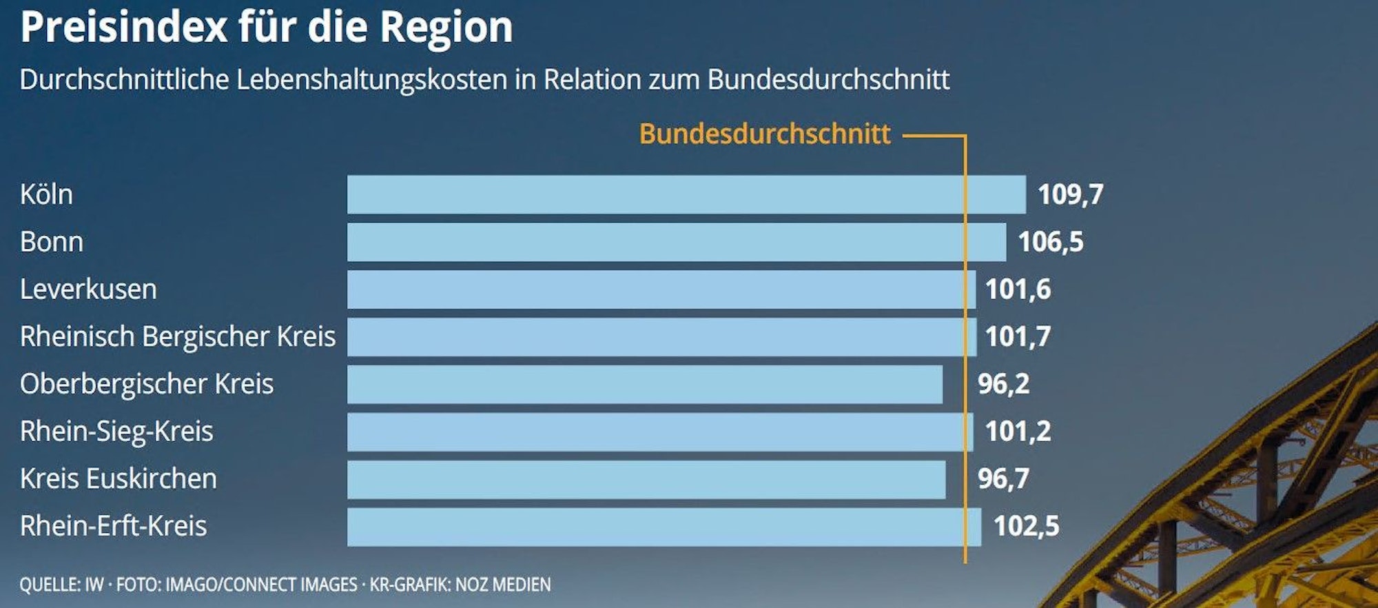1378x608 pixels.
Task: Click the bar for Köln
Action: coord(686,194)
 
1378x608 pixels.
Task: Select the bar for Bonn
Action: coord(676,242)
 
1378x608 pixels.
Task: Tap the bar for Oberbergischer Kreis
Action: coord(644,384)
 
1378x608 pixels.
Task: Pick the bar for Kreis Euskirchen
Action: coord(646,479)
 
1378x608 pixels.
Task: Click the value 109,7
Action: coord(1070,194)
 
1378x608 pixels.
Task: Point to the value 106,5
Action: coord(1050,242)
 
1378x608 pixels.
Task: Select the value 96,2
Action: coord(1003,384)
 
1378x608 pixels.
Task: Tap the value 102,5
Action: coord(1026,527)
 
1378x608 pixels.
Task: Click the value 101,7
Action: coord(1018,337)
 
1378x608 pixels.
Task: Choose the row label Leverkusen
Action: coord(88,290)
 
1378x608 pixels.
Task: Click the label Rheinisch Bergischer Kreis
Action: coord(178,337)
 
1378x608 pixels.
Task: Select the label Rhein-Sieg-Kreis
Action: coord(116,432)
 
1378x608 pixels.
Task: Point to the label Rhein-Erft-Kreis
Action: coord(113,527)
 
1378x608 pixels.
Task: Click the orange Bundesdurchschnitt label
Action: coord(765,134)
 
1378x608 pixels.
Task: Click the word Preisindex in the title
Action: coord(124,28)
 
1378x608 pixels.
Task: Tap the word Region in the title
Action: coord(446,28)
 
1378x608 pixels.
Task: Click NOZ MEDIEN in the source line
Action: coord(503,585)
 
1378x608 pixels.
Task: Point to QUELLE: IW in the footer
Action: coord(61,585)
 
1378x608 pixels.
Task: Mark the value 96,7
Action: coord(1003,479)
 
